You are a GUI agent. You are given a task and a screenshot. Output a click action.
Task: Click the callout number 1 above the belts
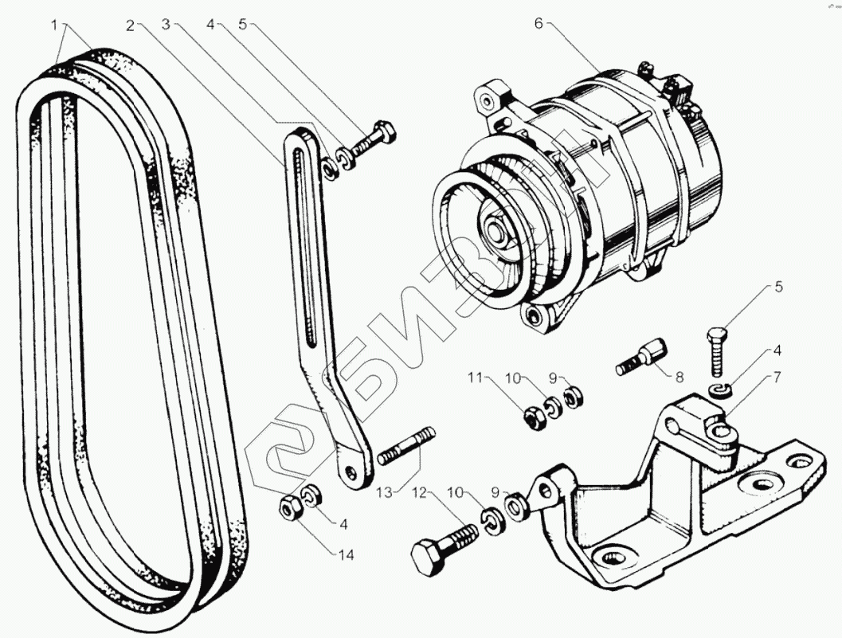pyautogui.click(x=54, y=25)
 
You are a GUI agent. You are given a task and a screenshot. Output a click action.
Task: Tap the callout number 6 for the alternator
pyautogui.click(x=538, y=23)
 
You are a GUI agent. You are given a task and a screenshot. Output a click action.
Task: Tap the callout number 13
pyautogui.click(x=386, y=493)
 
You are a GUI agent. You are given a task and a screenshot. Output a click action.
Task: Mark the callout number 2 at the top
pyautogui.click(x=130, y=25)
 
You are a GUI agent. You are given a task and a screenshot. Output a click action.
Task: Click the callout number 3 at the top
pyautogui.click(x=166, y=25)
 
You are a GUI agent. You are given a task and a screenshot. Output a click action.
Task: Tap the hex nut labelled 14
pyautogui.click(x=288, y=507)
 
